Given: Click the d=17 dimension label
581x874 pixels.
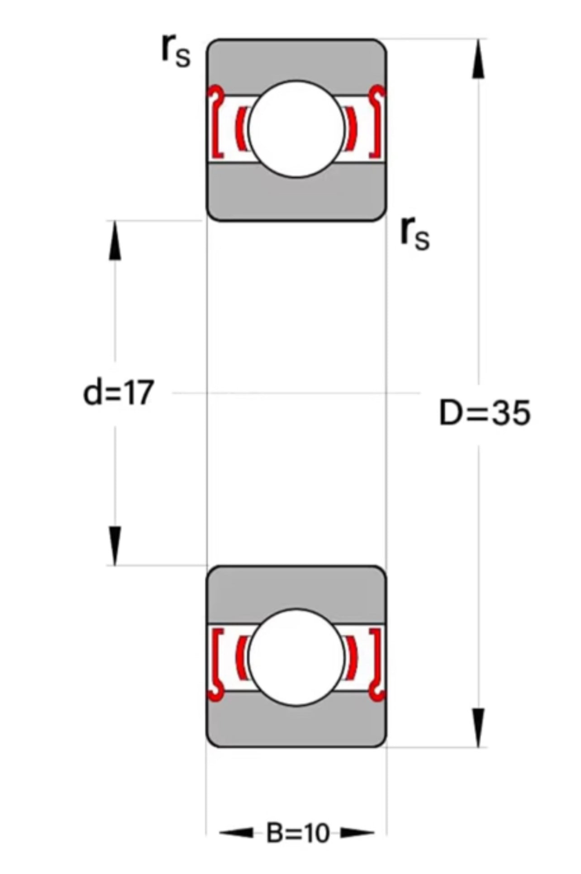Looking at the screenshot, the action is (x=119, y=392).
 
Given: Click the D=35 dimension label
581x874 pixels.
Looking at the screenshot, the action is (x=485, y=413).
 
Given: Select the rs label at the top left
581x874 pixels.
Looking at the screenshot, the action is (x=176, y=51).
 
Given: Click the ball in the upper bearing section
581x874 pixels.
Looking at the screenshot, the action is (x=296, y=129).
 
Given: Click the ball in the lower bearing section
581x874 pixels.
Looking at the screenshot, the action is (x=296, y=657).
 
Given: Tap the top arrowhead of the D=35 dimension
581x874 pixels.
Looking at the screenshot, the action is (x=478, y=59).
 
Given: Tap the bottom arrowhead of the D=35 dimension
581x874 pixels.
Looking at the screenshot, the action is (x=478, y=727).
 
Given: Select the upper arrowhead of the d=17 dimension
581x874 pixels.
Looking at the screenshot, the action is (x=115, y=240).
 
